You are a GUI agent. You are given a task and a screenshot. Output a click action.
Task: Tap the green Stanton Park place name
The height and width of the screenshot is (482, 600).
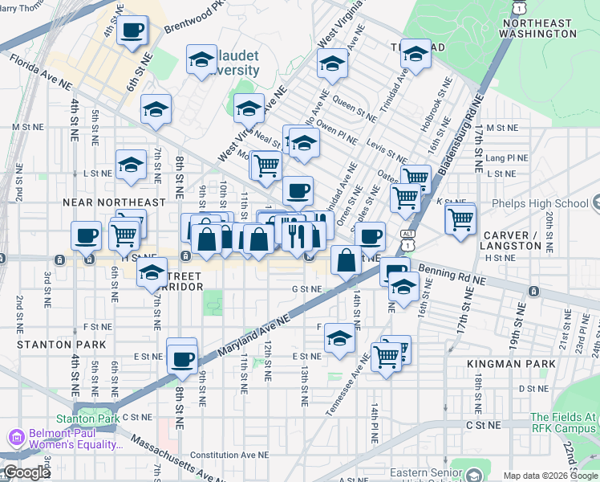(x=87, y=419)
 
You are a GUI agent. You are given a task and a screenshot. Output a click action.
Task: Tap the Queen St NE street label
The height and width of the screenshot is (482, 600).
(x=355, y=104)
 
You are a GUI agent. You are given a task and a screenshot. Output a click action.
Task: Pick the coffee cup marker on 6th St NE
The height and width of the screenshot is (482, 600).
(x=132, y=31)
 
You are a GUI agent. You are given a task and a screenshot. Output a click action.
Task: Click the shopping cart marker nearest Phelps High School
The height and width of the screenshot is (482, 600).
(x=460, y=218)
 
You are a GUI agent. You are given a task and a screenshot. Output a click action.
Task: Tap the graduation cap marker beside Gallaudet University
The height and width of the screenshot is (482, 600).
(x=201, y=59)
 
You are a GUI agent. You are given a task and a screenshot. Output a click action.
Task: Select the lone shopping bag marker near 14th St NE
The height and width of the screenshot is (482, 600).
(x=346, y=260)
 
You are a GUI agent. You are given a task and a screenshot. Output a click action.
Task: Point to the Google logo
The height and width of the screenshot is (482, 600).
(x=26, y=473)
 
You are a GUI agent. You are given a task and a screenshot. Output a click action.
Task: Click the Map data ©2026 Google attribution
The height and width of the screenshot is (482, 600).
(x=549, y=476)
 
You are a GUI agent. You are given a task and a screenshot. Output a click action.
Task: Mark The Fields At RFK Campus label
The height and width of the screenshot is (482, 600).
(x=563, y=423)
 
